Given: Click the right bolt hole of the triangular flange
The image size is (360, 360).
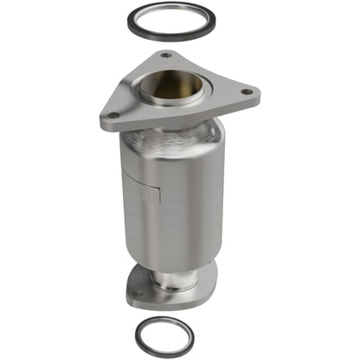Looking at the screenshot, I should pyautogui.click(x=247, y=90).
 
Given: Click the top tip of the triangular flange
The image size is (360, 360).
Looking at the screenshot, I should pyautogui.click(x=164, y=53).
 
